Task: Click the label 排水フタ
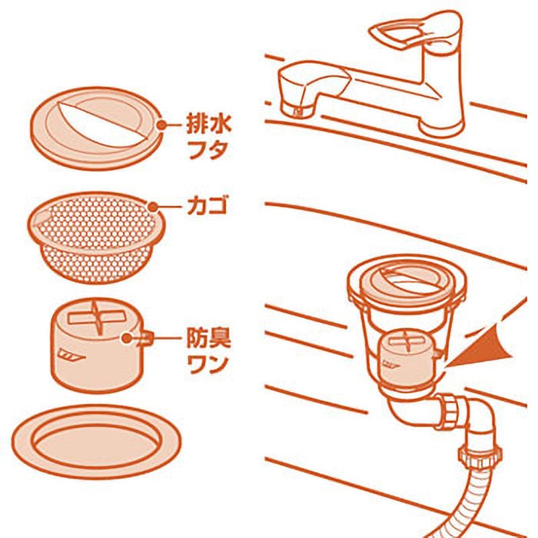point(209,137)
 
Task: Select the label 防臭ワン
point(208,352)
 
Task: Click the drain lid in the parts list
point(97,128)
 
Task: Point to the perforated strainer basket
point(96,237)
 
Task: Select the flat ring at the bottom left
point(96,442)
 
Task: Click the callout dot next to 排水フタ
point(161,125)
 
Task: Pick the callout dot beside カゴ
point(153,207)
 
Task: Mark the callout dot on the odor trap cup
point(127,338)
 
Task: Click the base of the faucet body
point(442,126)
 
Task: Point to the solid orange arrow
point(480,346)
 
